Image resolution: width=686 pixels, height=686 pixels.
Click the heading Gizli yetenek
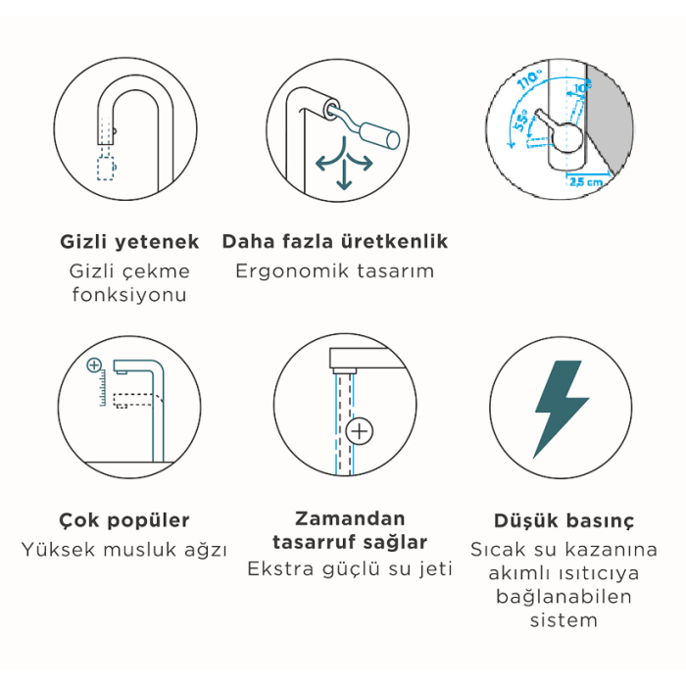coord(129,242)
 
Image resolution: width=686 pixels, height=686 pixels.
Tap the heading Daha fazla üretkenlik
coord(335,241)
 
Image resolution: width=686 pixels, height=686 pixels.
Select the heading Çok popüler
coord(124,520)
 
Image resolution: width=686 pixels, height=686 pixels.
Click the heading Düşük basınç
coord(563,521)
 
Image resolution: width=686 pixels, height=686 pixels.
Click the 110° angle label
coord(529,79)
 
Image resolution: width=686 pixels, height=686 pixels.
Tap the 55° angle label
coord(520,122)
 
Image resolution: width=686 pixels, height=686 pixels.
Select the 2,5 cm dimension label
coord(586,181)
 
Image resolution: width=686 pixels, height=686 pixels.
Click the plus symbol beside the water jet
coord(360,432)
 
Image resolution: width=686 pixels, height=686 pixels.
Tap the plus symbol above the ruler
coord(94,365)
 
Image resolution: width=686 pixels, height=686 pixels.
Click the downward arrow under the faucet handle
coord(344,174)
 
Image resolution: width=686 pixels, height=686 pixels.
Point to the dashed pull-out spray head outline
coord(106,168)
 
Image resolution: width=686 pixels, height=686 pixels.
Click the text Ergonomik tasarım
coord(335,271)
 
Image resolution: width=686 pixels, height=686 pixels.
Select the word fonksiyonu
coord(129,294)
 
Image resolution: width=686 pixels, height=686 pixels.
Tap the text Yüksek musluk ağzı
coord(124,550)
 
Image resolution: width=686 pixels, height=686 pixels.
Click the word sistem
coord(563,620)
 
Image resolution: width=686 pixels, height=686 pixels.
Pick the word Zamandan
coord(350,518)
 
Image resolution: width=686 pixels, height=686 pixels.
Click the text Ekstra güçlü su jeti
coord(350,569)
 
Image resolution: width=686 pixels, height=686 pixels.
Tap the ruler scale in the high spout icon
coord(103,388)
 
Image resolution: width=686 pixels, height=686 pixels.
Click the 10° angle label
coord(582,87)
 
